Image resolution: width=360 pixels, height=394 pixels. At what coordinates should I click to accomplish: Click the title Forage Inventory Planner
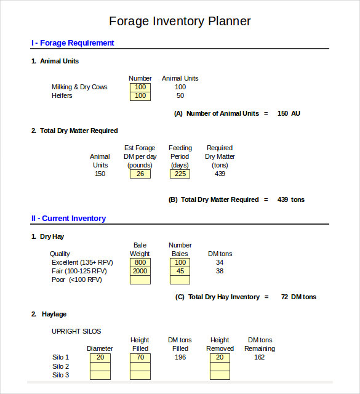[x=180, y=21]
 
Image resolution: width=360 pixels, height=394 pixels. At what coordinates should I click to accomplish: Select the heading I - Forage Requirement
[x=73, y=43]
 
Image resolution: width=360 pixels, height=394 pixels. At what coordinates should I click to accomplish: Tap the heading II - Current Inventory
[x=68, y=219]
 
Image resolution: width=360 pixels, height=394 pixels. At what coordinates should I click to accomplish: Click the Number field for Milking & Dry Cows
[x=140, y=87]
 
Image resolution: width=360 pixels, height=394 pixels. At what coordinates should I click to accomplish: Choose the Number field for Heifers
[x=140, y=96]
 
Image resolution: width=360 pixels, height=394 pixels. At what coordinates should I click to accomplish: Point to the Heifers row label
[x=62, y=95]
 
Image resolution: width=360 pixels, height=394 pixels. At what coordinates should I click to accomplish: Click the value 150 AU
[x=289, y=113]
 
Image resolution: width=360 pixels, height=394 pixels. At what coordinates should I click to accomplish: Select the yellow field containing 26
[x=140, y=174]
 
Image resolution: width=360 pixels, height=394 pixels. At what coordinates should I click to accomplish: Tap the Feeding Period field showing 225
[x=180, y=174]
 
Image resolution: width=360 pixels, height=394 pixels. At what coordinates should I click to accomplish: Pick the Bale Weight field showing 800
[x=140, y=262]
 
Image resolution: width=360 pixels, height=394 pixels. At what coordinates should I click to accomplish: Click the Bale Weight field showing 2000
[x=140, y=271]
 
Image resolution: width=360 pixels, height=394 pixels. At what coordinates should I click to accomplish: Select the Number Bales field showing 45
[x=180, y=271]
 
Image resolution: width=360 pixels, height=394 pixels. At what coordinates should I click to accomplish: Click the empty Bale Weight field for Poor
[x=140, y=279]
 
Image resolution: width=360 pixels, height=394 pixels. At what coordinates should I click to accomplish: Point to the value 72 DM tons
[x=298, y=297]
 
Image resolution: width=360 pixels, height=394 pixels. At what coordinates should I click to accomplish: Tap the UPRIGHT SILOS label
[x=76, y=331]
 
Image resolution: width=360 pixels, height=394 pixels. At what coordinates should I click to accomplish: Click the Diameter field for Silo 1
[x=100, y=357]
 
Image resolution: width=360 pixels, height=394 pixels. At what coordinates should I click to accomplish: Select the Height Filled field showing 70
[x=140, y=357]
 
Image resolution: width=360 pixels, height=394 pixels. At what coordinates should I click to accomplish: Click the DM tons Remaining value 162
[x=259, y=357]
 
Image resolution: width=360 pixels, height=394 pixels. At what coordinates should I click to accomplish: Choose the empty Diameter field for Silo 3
[x=100, y=375]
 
